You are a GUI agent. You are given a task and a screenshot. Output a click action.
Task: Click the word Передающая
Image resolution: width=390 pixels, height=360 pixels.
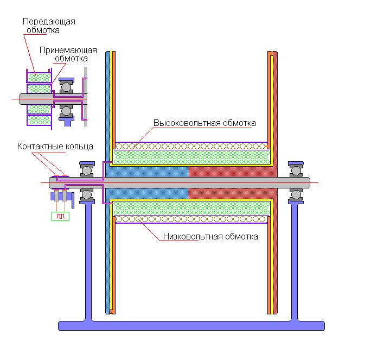pyautogui.click(x=49, y=22)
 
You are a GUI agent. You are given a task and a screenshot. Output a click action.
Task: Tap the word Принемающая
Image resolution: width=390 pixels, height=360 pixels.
pyautogui.click(x=68, y=50)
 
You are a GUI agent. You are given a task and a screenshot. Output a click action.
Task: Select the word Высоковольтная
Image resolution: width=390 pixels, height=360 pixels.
pyautogui.click(x=187, y=123)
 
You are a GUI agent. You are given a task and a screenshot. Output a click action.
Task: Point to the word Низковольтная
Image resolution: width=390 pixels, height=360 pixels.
pyautogui.click(x=193, y=236)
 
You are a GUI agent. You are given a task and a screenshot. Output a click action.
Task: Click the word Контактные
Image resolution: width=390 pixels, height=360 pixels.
pyautogui.click(x=39, y=147)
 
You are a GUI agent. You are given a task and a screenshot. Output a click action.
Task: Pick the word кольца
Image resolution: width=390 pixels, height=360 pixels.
pyautogui.click(x=78, y=147)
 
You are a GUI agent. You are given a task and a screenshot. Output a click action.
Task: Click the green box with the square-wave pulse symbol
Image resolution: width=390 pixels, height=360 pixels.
pyautogui.click(x=60, y=216)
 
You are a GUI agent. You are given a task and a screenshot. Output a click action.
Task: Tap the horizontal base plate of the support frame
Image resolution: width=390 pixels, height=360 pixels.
pyautogui.click(x=191, y=326)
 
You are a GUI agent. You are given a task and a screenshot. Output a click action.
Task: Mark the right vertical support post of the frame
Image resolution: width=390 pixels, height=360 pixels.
pyautogui.click(x=295, y=261)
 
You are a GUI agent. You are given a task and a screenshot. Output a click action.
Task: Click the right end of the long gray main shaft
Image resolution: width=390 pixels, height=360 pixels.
pyautogui.click(x=310, y=182)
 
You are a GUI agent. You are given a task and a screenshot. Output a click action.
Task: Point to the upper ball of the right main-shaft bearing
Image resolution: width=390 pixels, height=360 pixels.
pyautogui.click(x=296, y=171)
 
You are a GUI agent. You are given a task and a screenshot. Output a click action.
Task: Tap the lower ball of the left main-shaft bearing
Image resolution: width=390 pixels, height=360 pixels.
pyautogui.click(x=87, y=194)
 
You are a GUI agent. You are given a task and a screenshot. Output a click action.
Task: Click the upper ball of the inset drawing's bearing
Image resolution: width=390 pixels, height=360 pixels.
pyautogui.click(x=66, y=87)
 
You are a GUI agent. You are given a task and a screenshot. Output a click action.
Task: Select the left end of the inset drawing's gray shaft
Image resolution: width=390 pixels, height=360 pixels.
pyautogui.click(x=21, y=99)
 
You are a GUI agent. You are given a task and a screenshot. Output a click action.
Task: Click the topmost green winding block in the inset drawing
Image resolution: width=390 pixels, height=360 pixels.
pyautogui.click(x=39, y=78)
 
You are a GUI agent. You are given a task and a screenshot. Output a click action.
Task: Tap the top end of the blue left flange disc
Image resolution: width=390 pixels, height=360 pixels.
pyautogui.click(x=108, y=52)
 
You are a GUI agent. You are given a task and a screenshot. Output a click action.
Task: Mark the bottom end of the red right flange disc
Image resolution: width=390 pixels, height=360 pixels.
pyautogui.click(x=275, y=313)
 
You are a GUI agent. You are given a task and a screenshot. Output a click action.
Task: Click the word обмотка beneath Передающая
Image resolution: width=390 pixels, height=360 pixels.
pyautogui.click(x=43, y=30)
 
